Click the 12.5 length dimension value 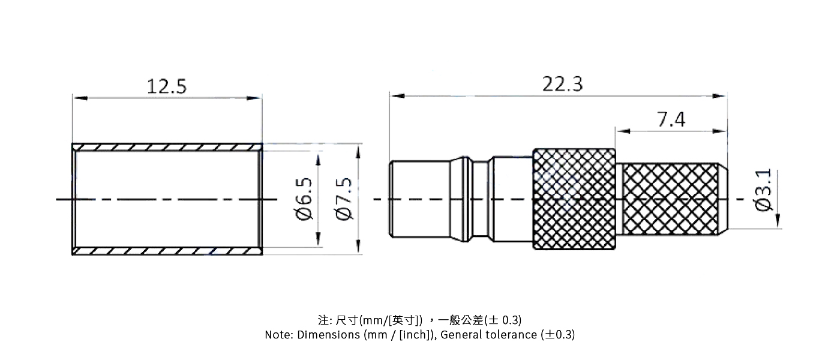tap(166, 86)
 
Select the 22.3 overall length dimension tap(562, 84)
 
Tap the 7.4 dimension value tap(671, 120)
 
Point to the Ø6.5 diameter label tap(304, 199)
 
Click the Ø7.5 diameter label tap(345, 199)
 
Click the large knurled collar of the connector tap(574, 199)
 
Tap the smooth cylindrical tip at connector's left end tap(420, 199)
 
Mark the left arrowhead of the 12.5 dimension tap(77, 97)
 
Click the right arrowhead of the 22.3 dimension tap(722, 95)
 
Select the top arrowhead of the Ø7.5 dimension tap(358, 149)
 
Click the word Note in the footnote tap(278, 335)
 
